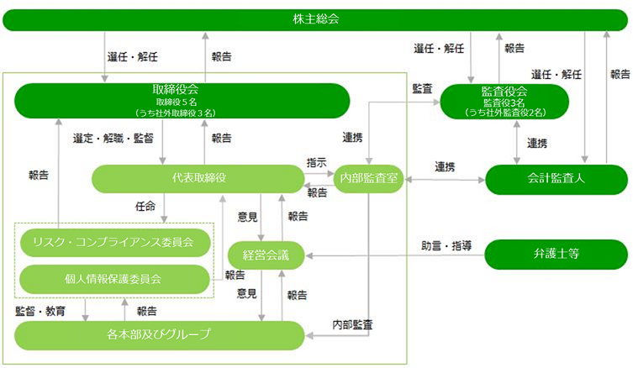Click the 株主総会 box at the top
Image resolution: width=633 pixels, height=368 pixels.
pyautogui.click(x=315, y=20)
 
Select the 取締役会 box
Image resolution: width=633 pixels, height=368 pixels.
pyautogui.click(x=182, y=101)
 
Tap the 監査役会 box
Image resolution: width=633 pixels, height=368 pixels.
pyautogui.click(x=504, y=102)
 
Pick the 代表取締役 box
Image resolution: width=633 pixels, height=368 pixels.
pyautogui.click(x=198, y=178)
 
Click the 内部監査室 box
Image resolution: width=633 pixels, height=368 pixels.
pyautogui.click(x=368, y=178)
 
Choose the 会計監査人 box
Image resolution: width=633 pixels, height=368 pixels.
pyautogui.click(x=557, y=179)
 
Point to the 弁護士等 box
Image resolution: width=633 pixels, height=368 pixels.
pyautogui.click(x=557, y=255)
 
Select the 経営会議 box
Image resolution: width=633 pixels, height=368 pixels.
pyautogui.click(x=266, y=255)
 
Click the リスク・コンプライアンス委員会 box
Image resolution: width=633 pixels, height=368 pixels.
pyautogui.click(x=115, y=243)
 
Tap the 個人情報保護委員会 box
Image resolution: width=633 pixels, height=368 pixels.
pyautogui.click(x=114, y=279)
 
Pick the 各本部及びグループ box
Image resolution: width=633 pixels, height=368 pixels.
pyautogui.click(x=159, y=335)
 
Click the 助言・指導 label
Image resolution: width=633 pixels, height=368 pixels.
pyautogui.click(x=446, y=245)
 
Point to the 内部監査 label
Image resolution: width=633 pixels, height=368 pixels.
pyautogui.click(x=352, y=324)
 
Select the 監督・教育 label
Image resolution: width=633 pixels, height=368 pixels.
pyautogui.click(x=40, y=311)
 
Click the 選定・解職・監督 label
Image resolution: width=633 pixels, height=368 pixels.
pyautogui.click(x=113, y=139)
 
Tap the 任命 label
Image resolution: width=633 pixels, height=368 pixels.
pyautogui.click(x=145, y=207)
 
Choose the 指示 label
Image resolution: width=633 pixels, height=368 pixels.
pyautogui.click(x=316, y=163)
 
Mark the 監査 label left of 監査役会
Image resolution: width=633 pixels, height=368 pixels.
pyautogui.click(x=422, y=89)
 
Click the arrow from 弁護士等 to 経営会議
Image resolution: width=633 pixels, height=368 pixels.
pyautogui.click(x=395, y=255)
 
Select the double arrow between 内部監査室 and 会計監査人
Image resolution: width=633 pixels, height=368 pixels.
pyautogui.click(x=445, y=180)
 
